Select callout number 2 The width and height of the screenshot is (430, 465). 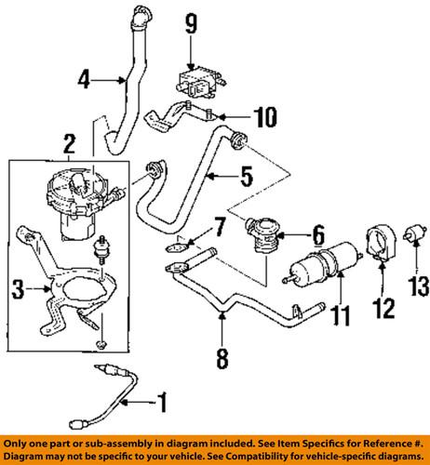(69, 142)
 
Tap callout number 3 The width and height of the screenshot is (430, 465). (18, 292)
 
